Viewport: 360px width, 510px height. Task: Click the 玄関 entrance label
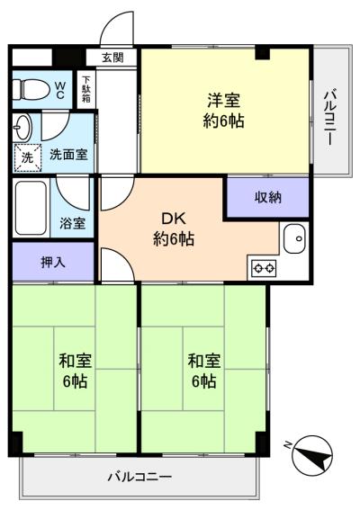coord(112,58)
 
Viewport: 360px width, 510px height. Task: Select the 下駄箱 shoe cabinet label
coord(86,91)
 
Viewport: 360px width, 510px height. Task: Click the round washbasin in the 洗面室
coord(23,125)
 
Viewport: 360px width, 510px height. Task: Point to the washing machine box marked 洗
coord(26,155)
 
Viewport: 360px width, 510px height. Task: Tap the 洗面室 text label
coord(68,154)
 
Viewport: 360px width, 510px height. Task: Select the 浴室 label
coord(74,223)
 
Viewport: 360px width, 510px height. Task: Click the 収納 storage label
coord(267,198)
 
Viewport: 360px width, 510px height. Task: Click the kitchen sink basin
coord(294,238)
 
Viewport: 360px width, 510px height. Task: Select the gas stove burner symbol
coord(264,268)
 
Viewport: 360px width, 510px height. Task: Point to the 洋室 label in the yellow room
coord(224,101)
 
